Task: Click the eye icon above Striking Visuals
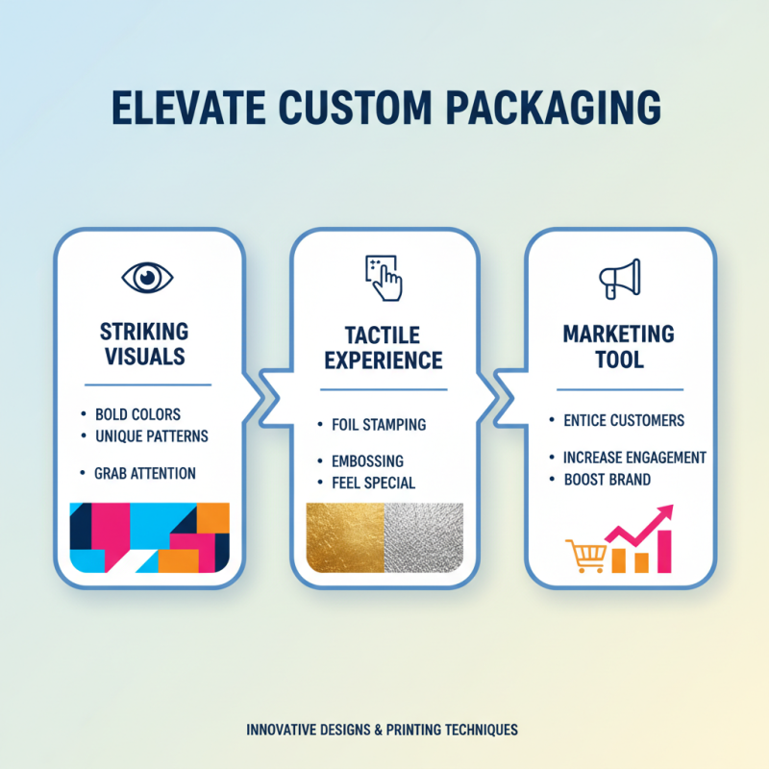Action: (x=147, y=279)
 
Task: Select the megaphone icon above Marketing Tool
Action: (x=619, y=279)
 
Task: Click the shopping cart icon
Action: (x=585, y=556)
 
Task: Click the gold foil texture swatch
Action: (x=344, y=539)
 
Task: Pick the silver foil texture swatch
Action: (x=424, y=539)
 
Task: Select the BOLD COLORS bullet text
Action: (x=137, y=415)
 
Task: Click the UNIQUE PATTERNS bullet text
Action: (x=151, y=436)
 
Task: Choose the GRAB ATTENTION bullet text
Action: (x=145, y=473)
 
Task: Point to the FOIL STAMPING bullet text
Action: (x=379, y=424)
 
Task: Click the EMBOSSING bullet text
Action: (x=367, y=461)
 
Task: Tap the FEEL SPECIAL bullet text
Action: (x=373, y=483)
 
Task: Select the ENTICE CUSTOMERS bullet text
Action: (x=624, y=420)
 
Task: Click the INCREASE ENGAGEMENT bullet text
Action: (x=634, y=458)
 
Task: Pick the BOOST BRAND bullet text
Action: (x=607, y=479)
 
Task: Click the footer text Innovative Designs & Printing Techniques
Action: (x=383, y=730)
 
